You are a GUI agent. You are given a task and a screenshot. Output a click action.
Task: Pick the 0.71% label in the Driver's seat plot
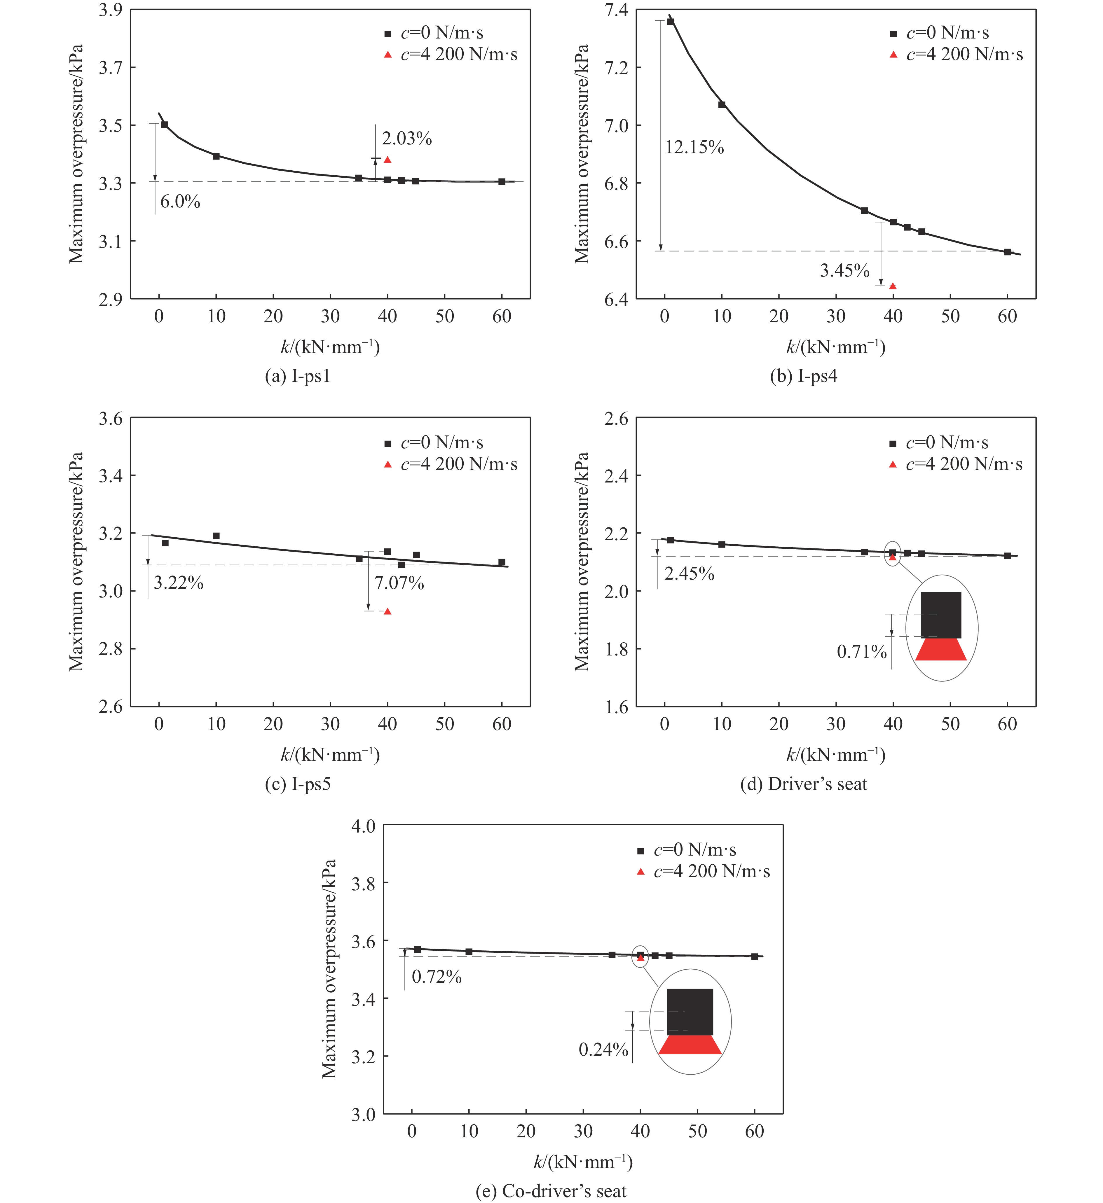(x=861, y=652)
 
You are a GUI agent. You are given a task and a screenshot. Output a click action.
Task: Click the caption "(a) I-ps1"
(x=297, y=376)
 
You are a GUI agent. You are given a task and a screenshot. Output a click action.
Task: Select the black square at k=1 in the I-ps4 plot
(x=670, y=22)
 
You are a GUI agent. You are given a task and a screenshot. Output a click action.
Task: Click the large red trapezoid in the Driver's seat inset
(x=941, y=649)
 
